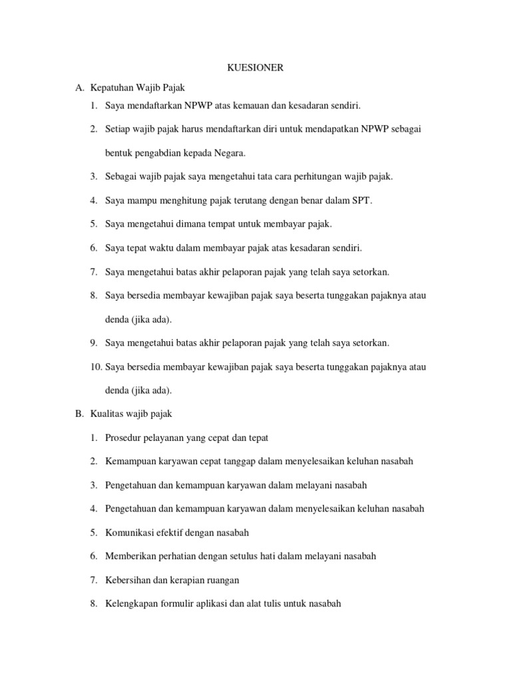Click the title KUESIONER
coord(255,68)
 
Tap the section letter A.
coord(79,87)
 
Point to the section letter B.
coord(79,414)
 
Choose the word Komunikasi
coord(132,533)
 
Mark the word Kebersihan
coord(128,580)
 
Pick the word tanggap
coord(229,461)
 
